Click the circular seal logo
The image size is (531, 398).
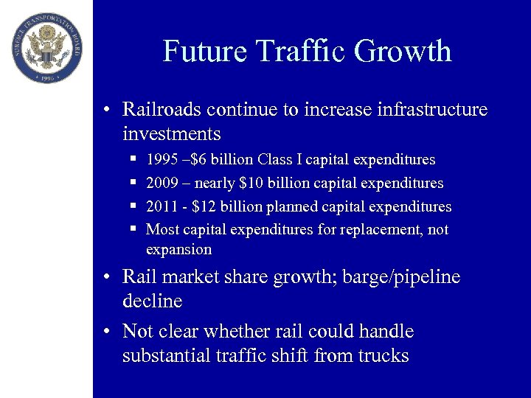(48, 47)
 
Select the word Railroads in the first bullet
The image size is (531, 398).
(162, 110)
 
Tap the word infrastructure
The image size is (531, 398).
(433, 110)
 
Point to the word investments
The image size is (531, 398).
(172, 134)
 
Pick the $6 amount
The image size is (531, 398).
(197, 160)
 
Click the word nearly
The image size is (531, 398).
(215, 183)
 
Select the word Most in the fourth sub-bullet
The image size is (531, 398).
(162, 229)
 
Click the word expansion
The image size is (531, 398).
(178, 250)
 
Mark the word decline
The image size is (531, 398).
(152, 301)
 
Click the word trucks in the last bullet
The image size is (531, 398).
(383, 356)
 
